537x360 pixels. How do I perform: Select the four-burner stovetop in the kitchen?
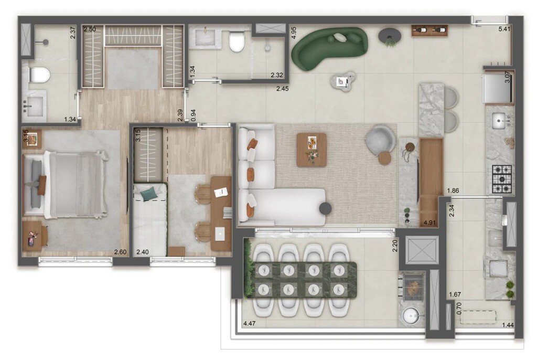(501, 178)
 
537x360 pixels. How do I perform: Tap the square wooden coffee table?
(312, 150)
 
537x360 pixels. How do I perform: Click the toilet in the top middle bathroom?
(237, 41)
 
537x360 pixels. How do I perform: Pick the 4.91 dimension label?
(430, 223)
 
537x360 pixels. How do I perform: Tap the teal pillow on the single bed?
(148, 193)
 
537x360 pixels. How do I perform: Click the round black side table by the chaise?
(325, 208)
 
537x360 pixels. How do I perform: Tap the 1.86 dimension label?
(454, 190)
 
